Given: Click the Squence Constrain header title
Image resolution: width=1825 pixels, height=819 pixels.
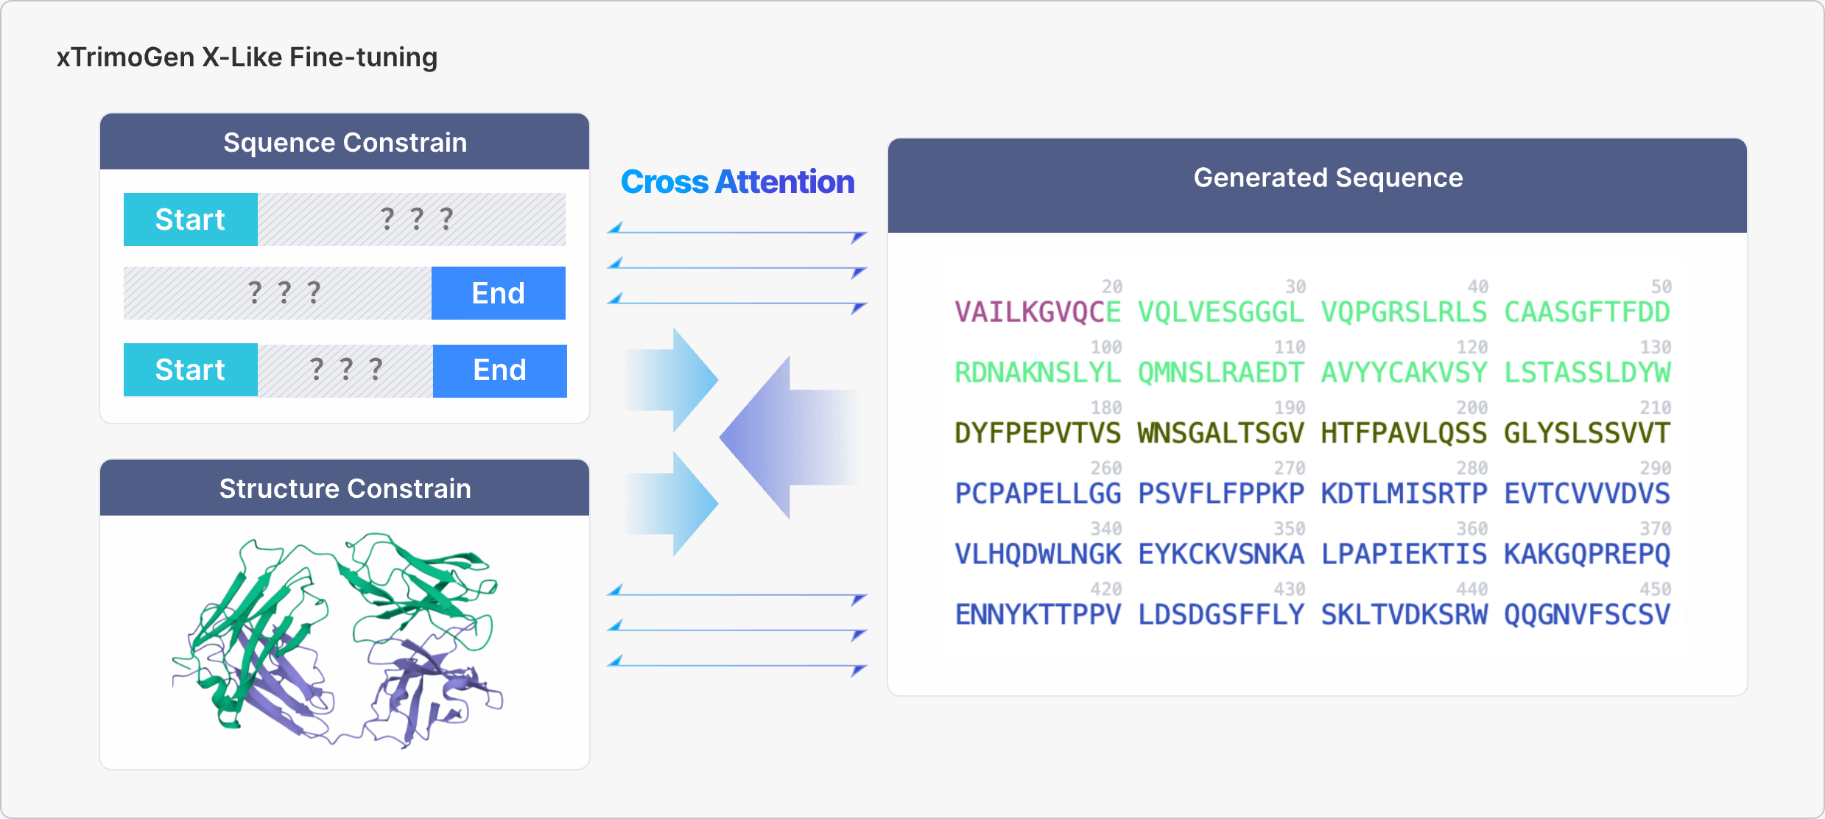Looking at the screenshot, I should (x=345, y=142).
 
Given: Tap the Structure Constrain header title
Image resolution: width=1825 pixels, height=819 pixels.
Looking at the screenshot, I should (x=345, y=488).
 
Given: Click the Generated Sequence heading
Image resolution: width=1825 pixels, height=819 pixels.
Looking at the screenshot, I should (x=1328, y=177).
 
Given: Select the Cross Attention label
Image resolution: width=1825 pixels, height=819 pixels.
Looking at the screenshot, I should (x=737, y=182).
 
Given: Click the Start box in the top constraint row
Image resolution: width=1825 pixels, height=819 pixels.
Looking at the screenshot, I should (x=190, y=219).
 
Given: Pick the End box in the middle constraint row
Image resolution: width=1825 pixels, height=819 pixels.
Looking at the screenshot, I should (x=498, y=293).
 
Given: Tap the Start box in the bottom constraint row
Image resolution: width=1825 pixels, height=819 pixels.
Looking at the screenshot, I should (x=190, y=370).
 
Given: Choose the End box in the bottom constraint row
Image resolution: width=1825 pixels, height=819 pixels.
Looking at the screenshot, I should (x=499, y=370).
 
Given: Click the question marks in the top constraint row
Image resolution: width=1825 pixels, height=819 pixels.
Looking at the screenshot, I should (x=416, y=219).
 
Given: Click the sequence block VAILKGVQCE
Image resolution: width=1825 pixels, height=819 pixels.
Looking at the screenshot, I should (x=1037, y=312).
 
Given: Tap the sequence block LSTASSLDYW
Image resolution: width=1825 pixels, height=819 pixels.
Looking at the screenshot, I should (x=1586, y=373).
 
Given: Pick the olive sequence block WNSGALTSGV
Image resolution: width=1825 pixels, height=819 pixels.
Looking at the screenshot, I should (x=1220, y=433).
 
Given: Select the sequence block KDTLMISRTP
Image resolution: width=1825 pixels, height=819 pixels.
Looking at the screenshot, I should (x=1404, y=493).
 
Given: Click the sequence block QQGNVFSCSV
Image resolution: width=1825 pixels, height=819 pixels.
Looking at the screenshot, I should (x=1586, y=614).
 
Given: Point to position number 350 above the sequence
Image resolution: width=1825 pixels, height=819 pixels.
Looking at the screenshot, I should (x=1289, y=529).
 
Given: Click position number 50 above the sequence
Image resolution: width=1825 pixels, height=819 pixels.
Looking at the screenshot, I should (x=1661, y=287).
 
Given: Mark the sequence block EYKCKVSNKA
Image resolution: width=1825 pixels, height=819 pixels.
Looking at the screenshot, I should (x=1220, y=554).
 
